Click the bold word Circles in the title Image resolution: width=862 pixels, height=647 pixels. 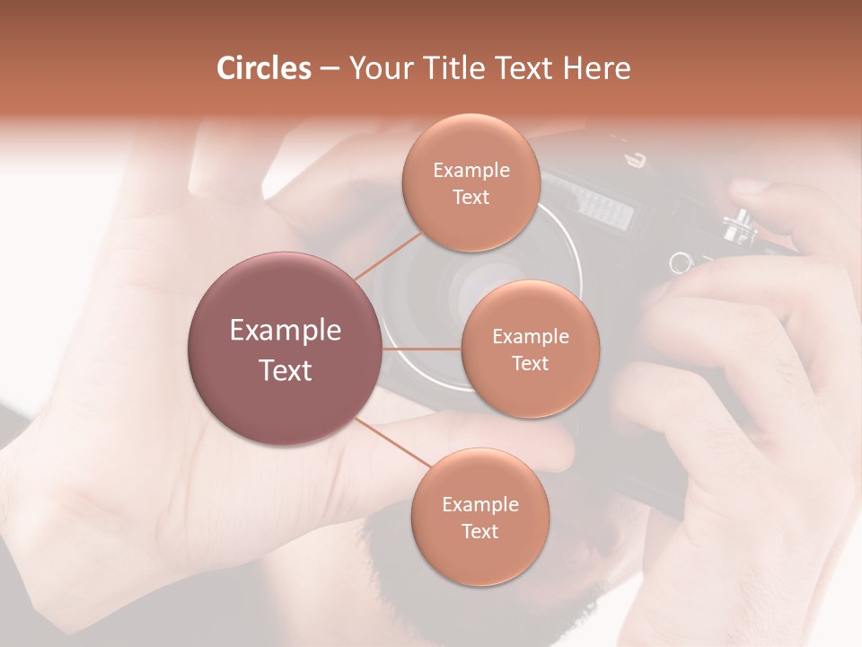263,68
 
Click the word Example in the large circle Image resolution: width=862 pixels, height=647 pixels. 286,331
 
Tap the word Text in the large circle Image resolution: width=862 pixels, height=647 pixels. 286,370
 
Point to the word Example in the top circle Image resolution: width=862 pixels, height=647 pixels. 471,171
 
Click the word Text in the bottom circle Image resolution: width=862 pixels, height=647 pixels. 479,531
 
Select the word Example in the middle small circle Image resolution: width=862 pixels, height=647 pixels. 530,337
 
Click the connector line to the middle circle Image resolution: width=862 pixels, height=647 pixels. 422,349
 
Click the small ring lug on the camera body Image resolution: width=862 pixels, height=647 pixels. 680,262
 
